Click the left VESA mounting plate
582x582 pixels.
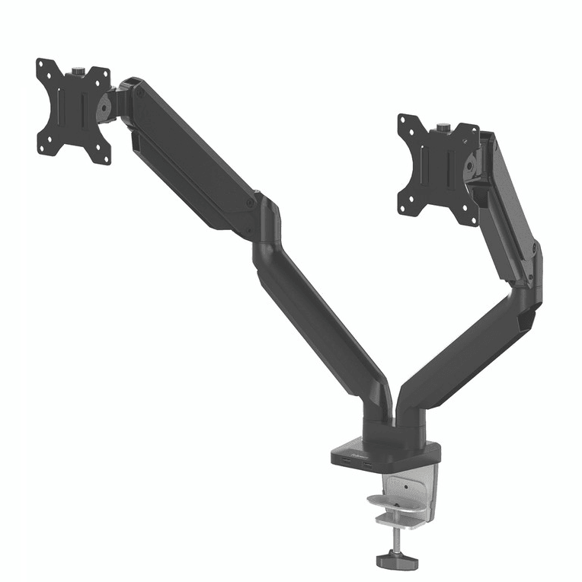click(74, 110)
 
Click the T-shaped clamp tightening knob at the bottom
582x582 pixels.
click(393, 558)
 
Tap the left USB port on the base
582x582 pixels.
click(348, 465)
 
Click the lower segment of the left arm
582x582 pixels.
click(320, 320)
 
